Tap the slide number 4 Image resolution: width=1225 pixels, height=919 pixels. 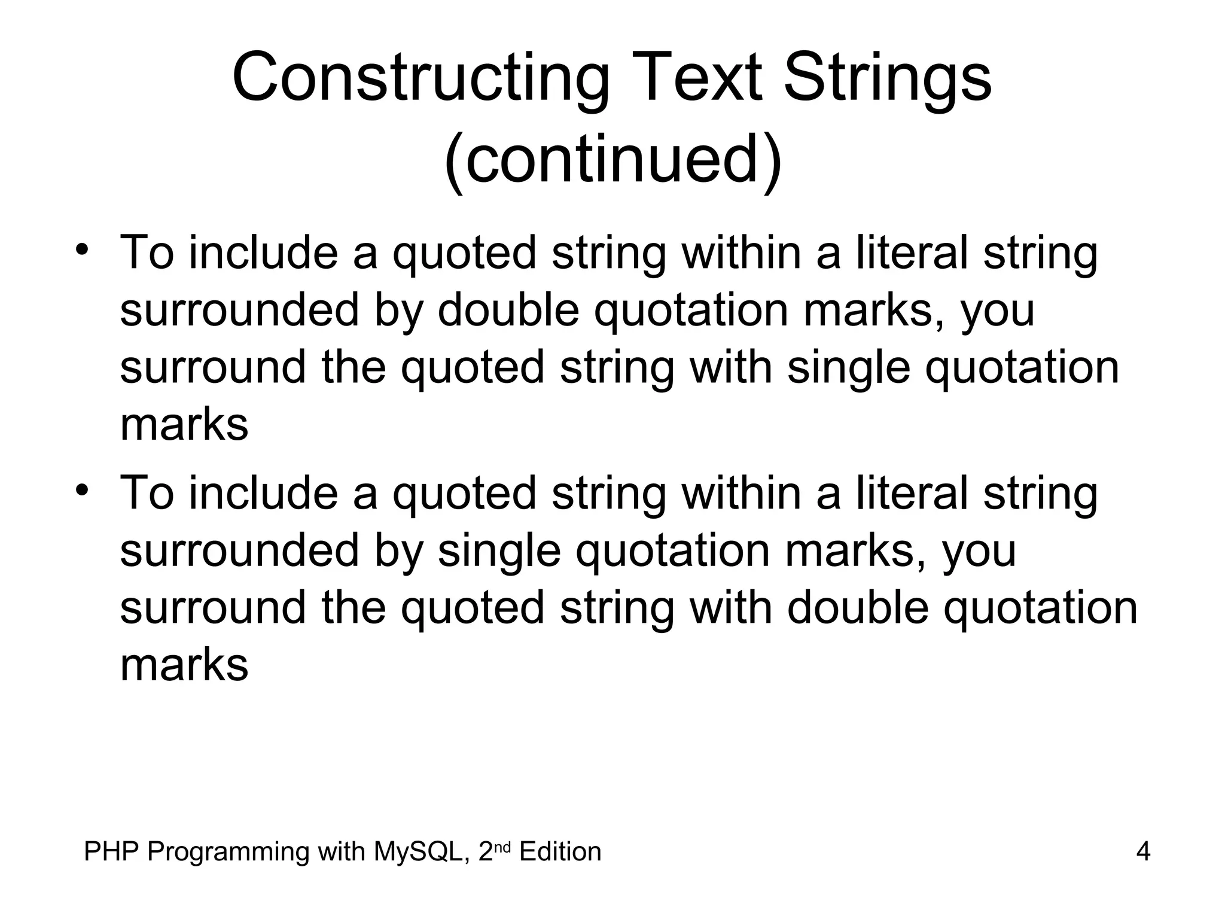pos(1143,851)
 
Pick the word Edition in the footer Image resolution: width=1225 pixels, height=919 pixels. pos(560,851)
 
